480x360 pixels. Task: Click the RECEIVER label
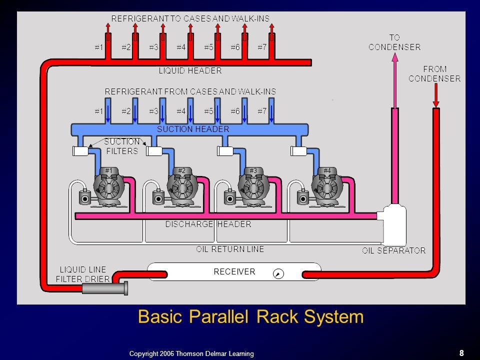pos(234,272)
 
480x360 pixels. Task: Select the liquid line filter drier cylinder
pos(104,288)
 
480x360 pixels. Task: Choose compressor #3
pos(253,189)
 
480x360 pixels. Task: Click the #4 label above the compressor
pos(327,170)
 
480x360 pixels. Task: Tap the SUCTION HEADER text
pos(193,129)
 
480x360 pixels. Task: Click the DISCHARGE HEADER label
pos(208,224)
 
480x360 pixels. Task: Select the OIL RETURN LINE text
pos(230,248)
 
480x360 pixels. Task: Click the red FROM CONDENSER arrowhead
pos(436,103)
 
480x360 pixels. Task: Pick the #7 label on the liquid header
pos(262,47)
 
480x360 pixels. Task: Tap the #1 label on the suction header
pos(99,111)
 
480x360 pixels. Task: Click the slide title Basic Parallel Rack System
pos(250,317)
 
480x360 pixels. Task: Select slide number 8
pos(461,353)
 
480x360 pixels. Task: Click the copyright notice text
pos(191,353)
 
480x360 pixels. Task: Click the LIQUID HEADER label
pos(190,71)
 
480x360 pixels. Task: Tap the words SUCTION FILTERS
pos(121,146)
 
